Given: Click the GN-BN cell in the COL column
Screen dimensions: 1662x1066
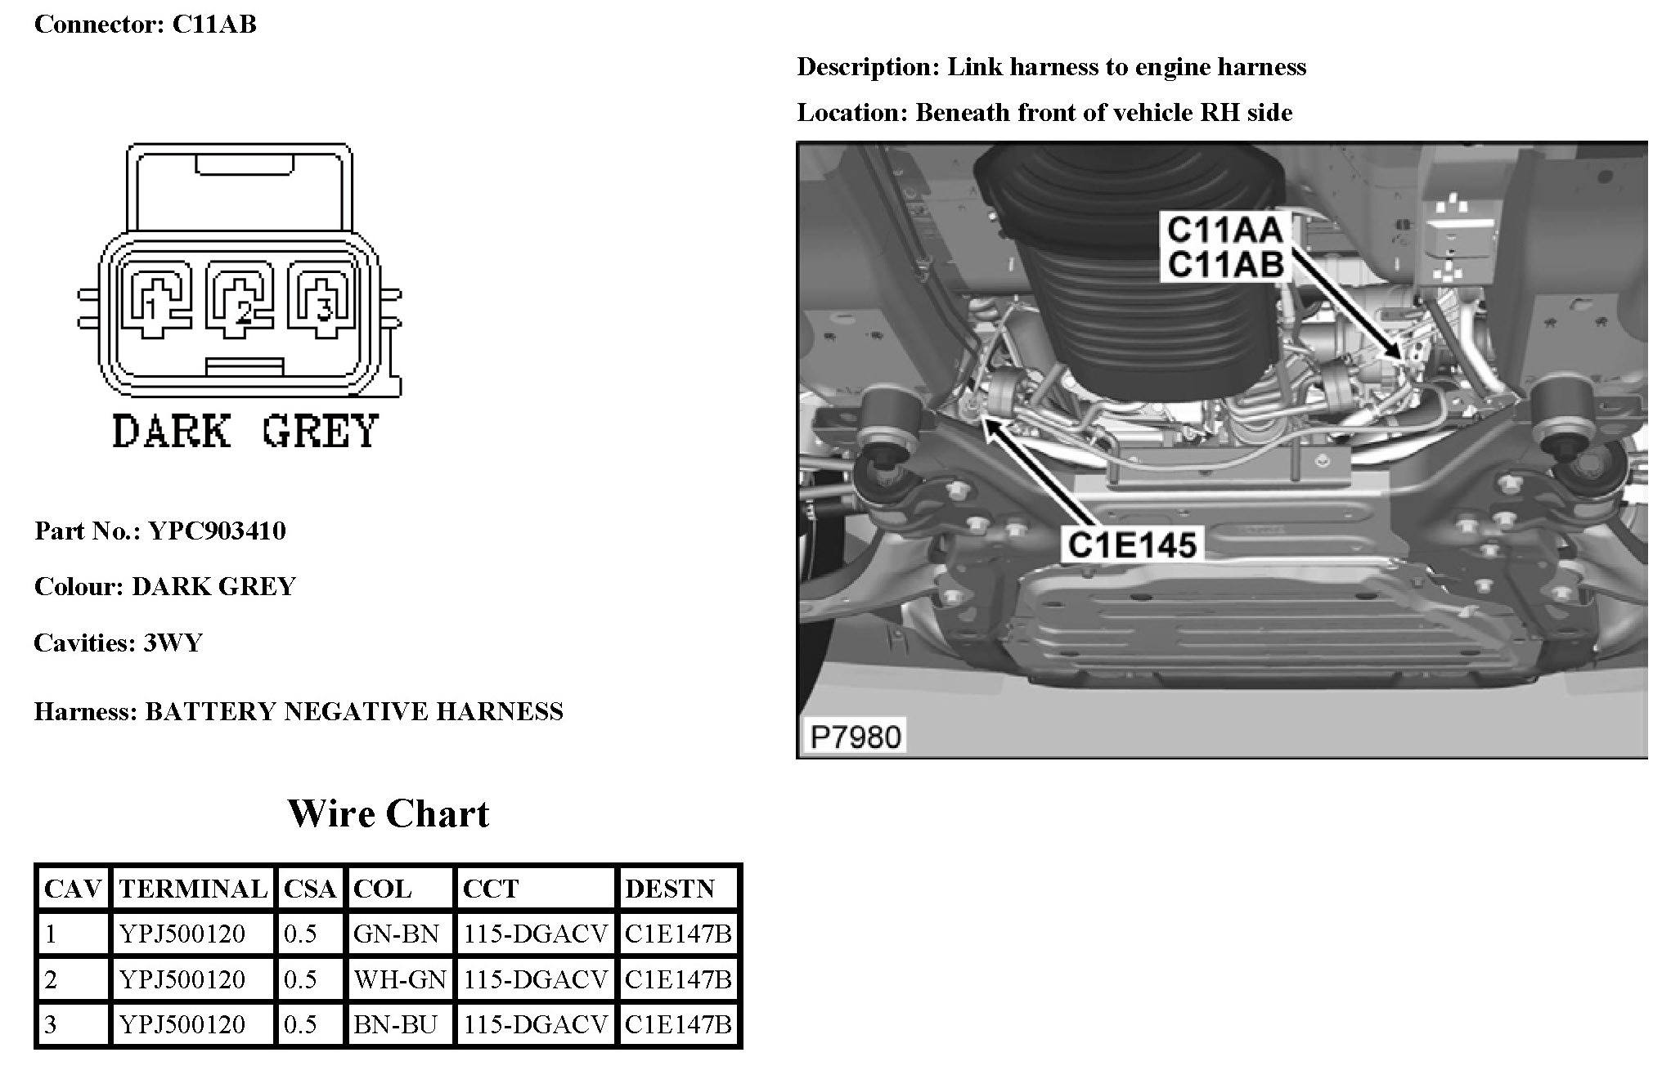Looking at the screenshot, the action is click(x=397, y=934).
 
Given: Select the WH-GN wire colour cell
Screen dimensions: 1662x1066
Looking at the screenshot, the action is click(x=400, y=979).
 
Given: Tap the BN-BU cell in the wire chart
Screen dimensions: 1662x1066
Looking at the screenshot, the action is click(x=395, y=1024).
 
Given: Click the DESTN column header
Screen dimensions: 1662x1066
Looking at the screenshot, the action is click(x=670, y=889).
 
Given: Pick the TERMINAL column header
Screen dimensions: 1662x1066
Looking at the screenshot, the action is click(x=193, y=889).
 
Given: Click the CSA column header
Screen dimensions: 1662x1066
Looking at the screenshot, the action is click(x=310, y=889).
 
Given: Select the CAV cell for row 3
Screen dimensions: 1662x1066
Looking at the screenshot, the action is click(x=51, y=1024).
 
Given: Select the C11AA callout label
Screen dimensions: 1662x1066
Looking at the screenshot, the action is click(x=1224, y=230).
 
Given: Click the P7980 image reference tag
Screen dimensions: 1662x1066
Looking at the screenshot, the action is click(x=856, y=737).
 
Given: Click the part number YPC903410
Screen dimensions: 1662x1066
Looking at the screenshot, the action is click(x=217, y=531).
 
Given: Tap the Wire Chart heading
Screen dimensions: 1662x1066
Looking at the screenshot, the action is click(x=389, y=813).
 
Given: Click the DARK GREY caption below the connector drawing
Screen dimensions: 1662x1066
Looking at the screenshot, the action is click(x=245, y=431).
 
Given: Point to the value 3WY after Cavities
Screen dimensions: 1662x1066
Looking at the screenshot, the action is click(x=173, y=643).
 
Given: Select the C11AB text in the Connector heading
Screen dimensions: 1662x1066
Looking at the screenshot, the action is click(x=214, y=25).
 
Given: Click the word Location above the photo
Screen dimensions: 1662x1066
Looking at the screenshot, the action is click(x=851, y=113).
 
